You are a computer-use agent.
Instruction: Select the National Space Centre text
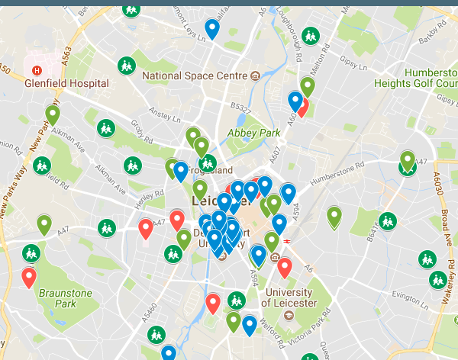[195, 76]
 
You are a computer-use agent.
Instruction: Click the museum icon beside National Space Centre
[255, 76]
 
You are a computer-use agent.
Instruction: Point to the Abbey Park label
[249, 131]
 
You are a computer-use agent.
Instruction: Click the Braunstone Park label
[66, 298]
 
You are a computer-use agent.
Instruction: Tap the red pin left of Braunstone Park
[29, 278]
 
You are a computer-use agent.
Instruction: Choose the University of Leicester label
[287, 298]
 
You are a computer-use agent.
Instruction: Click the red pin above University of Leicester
[285, 268]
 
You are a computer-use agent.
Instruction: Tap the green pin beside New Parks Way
[53, 115]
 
